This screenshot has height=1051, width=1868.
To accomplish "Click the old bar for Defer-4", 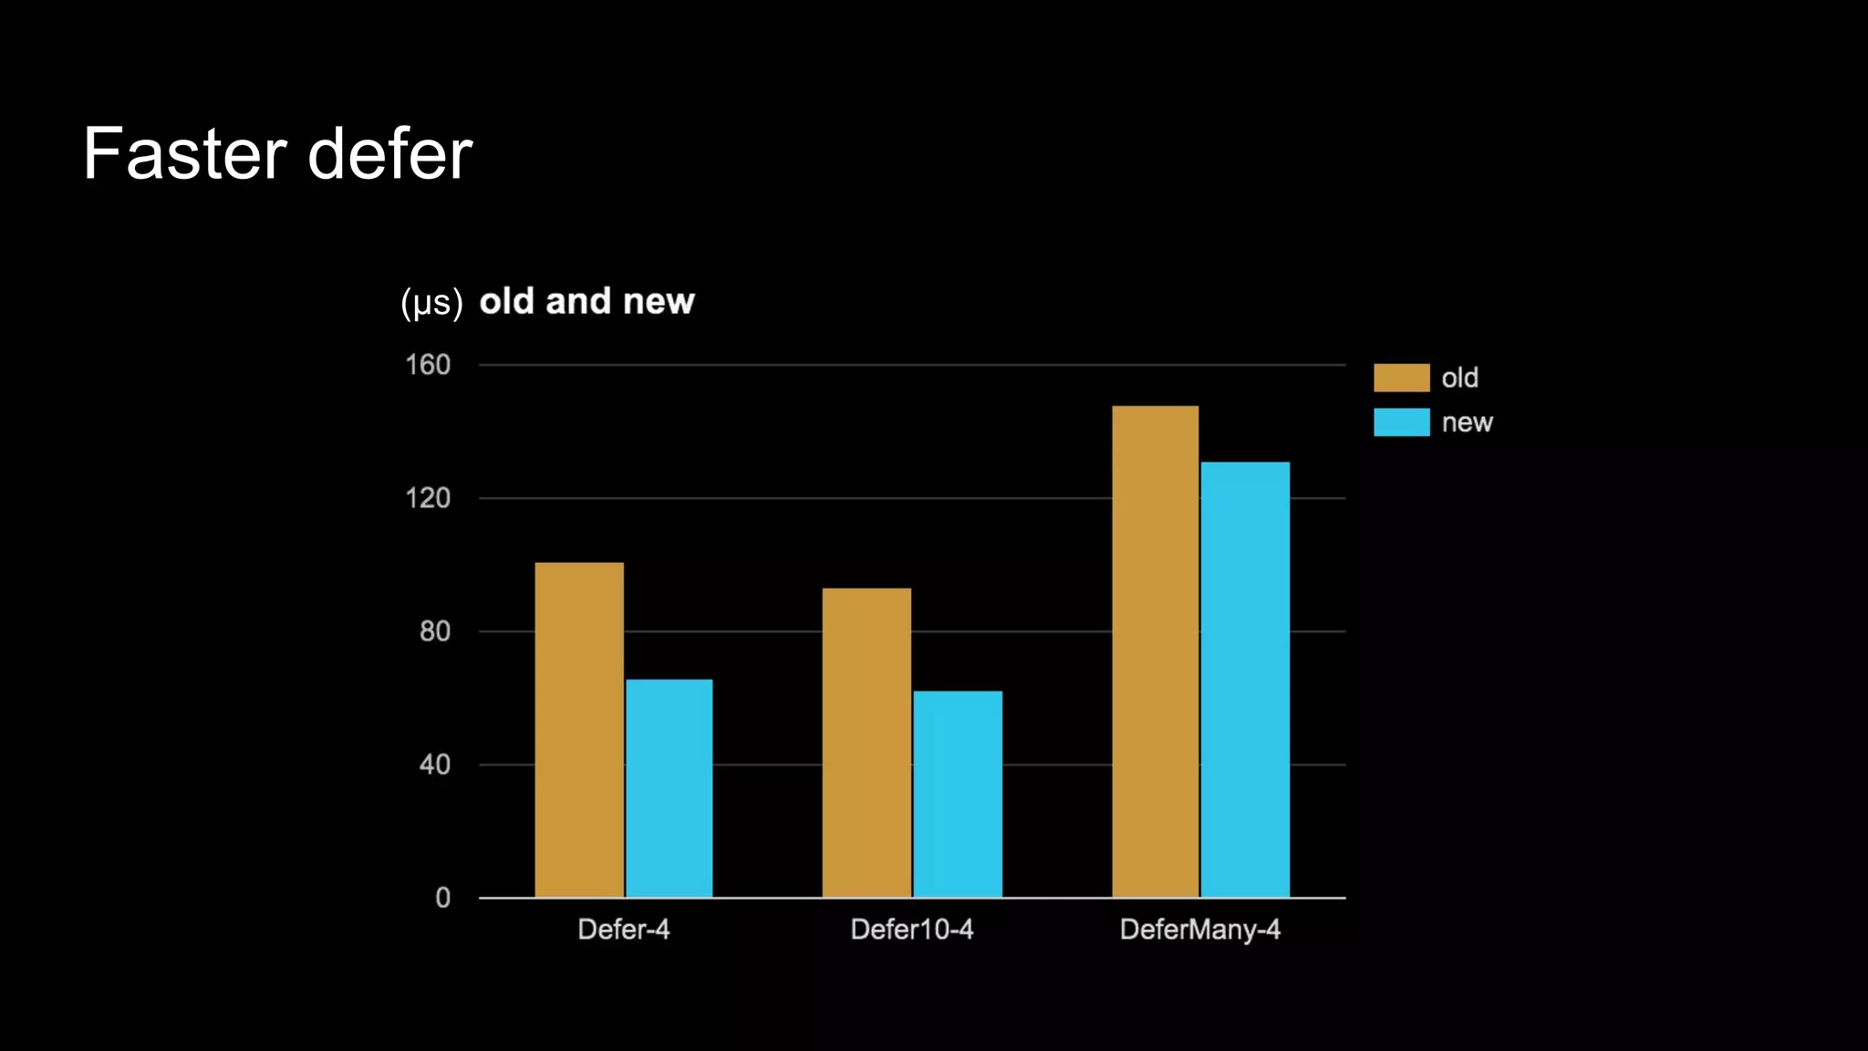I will pyautogui.click(x=579, y=730).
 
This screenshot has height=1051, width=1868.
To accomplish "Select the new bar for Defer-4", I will pyautogui.click(x=669, y=788).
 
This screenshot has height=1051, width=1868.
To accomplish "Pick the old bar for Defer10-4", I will pyautogui.click(x=867, y=743).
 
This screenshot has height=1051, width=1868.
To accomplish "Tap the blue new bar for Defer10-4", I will pyautogui.click(x=958, y=794).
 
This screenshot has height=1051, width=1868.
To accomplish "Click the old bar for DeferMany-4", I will pyautogui.click(x=1155, y=651).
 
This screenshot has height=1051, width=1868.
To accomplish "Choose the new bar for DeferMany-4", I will pyautogui.click(x=1245, y=680).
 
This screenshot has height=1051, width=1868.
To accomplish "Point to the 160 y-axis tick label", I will pyautogui.click(x=428, y=365).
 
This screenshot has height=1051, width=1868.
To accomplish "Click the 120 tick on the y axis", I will pyautogui.click(x=428, y=498).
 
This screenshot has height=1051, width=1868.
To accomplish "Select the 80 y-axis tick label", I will pyautogui.click(x=434, y=631).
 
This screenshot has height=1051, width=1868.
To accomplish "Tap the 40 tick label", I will pyautogui.click(x=434, y=765).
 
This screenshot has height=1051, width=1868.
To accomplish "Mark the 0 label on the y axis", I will pyautogui.click(x=442, y=898).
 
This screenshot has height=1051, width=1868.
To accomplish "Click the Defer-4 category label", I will pyautogui.click(x=624, y=930).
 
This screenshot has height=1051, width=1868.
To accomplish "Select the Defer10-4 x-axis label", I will pyautogui.click(x=912, y=930).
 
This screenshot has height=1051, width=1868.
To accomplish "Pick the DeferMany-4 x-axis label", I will pyautogui.click(x=1199, y=930).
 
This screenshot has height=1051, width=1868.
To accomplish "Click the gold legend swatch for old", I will pyautogui.click(x=1401, y=378).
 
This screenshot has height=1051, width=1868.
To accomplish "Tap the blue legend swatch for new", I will pyautogui.click(x=1401, y=422).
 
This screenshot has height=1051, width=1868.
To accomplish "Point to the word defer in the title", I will pyautogui.click(x=390, y=154).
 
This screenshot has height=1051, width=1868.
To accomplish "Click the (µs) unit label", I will pyautogui.click(x=431, y=303).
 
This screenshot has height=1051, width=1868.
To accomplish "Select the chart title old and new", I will pyautogui.click(x=586, y=302).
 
